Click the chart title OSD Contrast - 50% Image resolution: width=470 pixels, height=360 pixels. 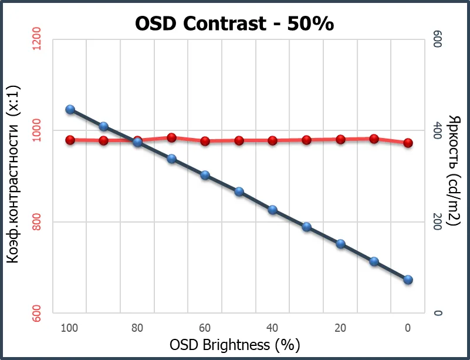(234, 23)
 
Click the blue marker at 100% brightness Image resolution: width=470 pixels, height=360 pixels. (70, 109)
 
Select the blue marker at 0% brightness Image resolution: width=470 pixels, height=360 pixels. (408, 280)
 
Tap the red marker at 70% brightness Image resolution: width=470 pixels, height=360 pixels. (171, 137)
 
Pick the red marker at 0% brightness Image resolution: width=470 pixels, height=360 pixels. (408, 143)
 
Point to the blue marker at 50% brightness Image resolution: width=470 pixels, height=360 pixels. (239, 191)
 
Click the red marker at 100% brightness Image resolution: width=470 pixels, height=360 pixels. (70, 140)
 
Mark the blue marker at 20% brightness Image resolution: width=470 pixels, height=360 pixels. (340, 244)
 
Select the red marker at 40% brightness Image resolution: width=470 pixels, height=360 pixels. (272, 140)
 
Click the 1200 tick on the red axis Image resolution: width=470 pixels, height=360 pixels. (36, 39)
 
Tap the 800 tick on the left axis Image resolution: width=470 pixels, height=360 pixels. (36, 221)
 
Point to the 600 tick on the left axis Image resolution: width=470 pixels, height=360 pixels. (36, 313)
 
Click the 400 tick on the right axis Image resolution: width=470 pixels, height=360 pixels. (437, 130)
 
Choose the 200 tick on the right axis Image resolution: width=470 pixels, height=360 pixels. (437, 222)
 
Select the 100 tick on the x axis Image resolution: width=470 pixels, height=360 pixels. (69, 328)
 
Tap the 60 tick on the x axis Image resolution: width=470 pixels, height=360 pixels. (205, 328)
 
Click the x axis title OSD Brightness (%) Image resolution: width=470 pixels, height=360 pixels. (235, 345)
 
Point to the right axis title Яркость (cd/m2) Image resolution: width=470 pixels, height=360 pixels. (453, 170)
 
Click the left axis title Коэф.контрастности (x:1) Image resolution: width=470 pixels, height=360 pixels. (13, 174)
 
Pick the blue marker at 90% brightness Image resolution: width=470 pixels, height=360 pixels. (104, 126)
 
